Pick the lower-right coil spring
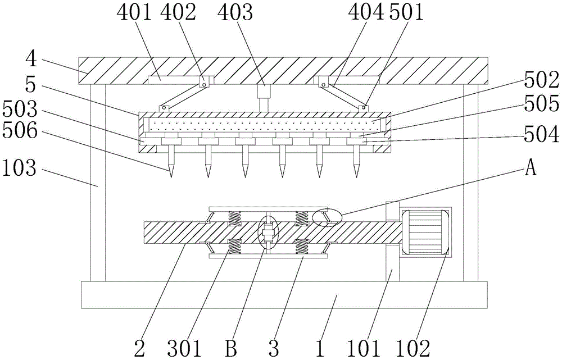302,246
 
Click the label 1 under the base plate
319,348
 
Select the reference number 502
542,81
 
